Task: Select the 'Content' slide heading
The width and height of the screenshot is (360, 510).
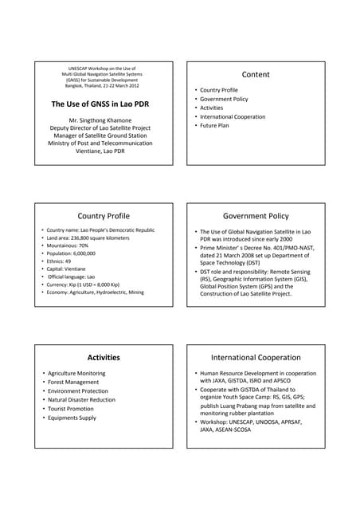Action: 256,74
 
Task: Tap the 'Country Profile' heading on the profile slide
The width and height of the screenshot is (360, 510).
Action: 103,216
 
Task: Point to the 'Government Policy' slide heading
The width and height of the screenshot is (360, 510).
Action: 256,216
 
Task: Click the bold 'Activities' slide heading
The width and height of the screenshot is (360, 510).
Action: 103,358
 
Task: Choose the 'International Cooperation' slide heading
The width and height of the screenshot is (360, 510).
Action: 256,358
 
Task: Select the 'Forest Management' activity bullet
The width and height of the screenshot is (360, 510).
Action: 73,382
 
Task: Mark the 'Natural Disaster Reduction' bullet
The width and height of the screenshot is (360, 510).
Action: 81,400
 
